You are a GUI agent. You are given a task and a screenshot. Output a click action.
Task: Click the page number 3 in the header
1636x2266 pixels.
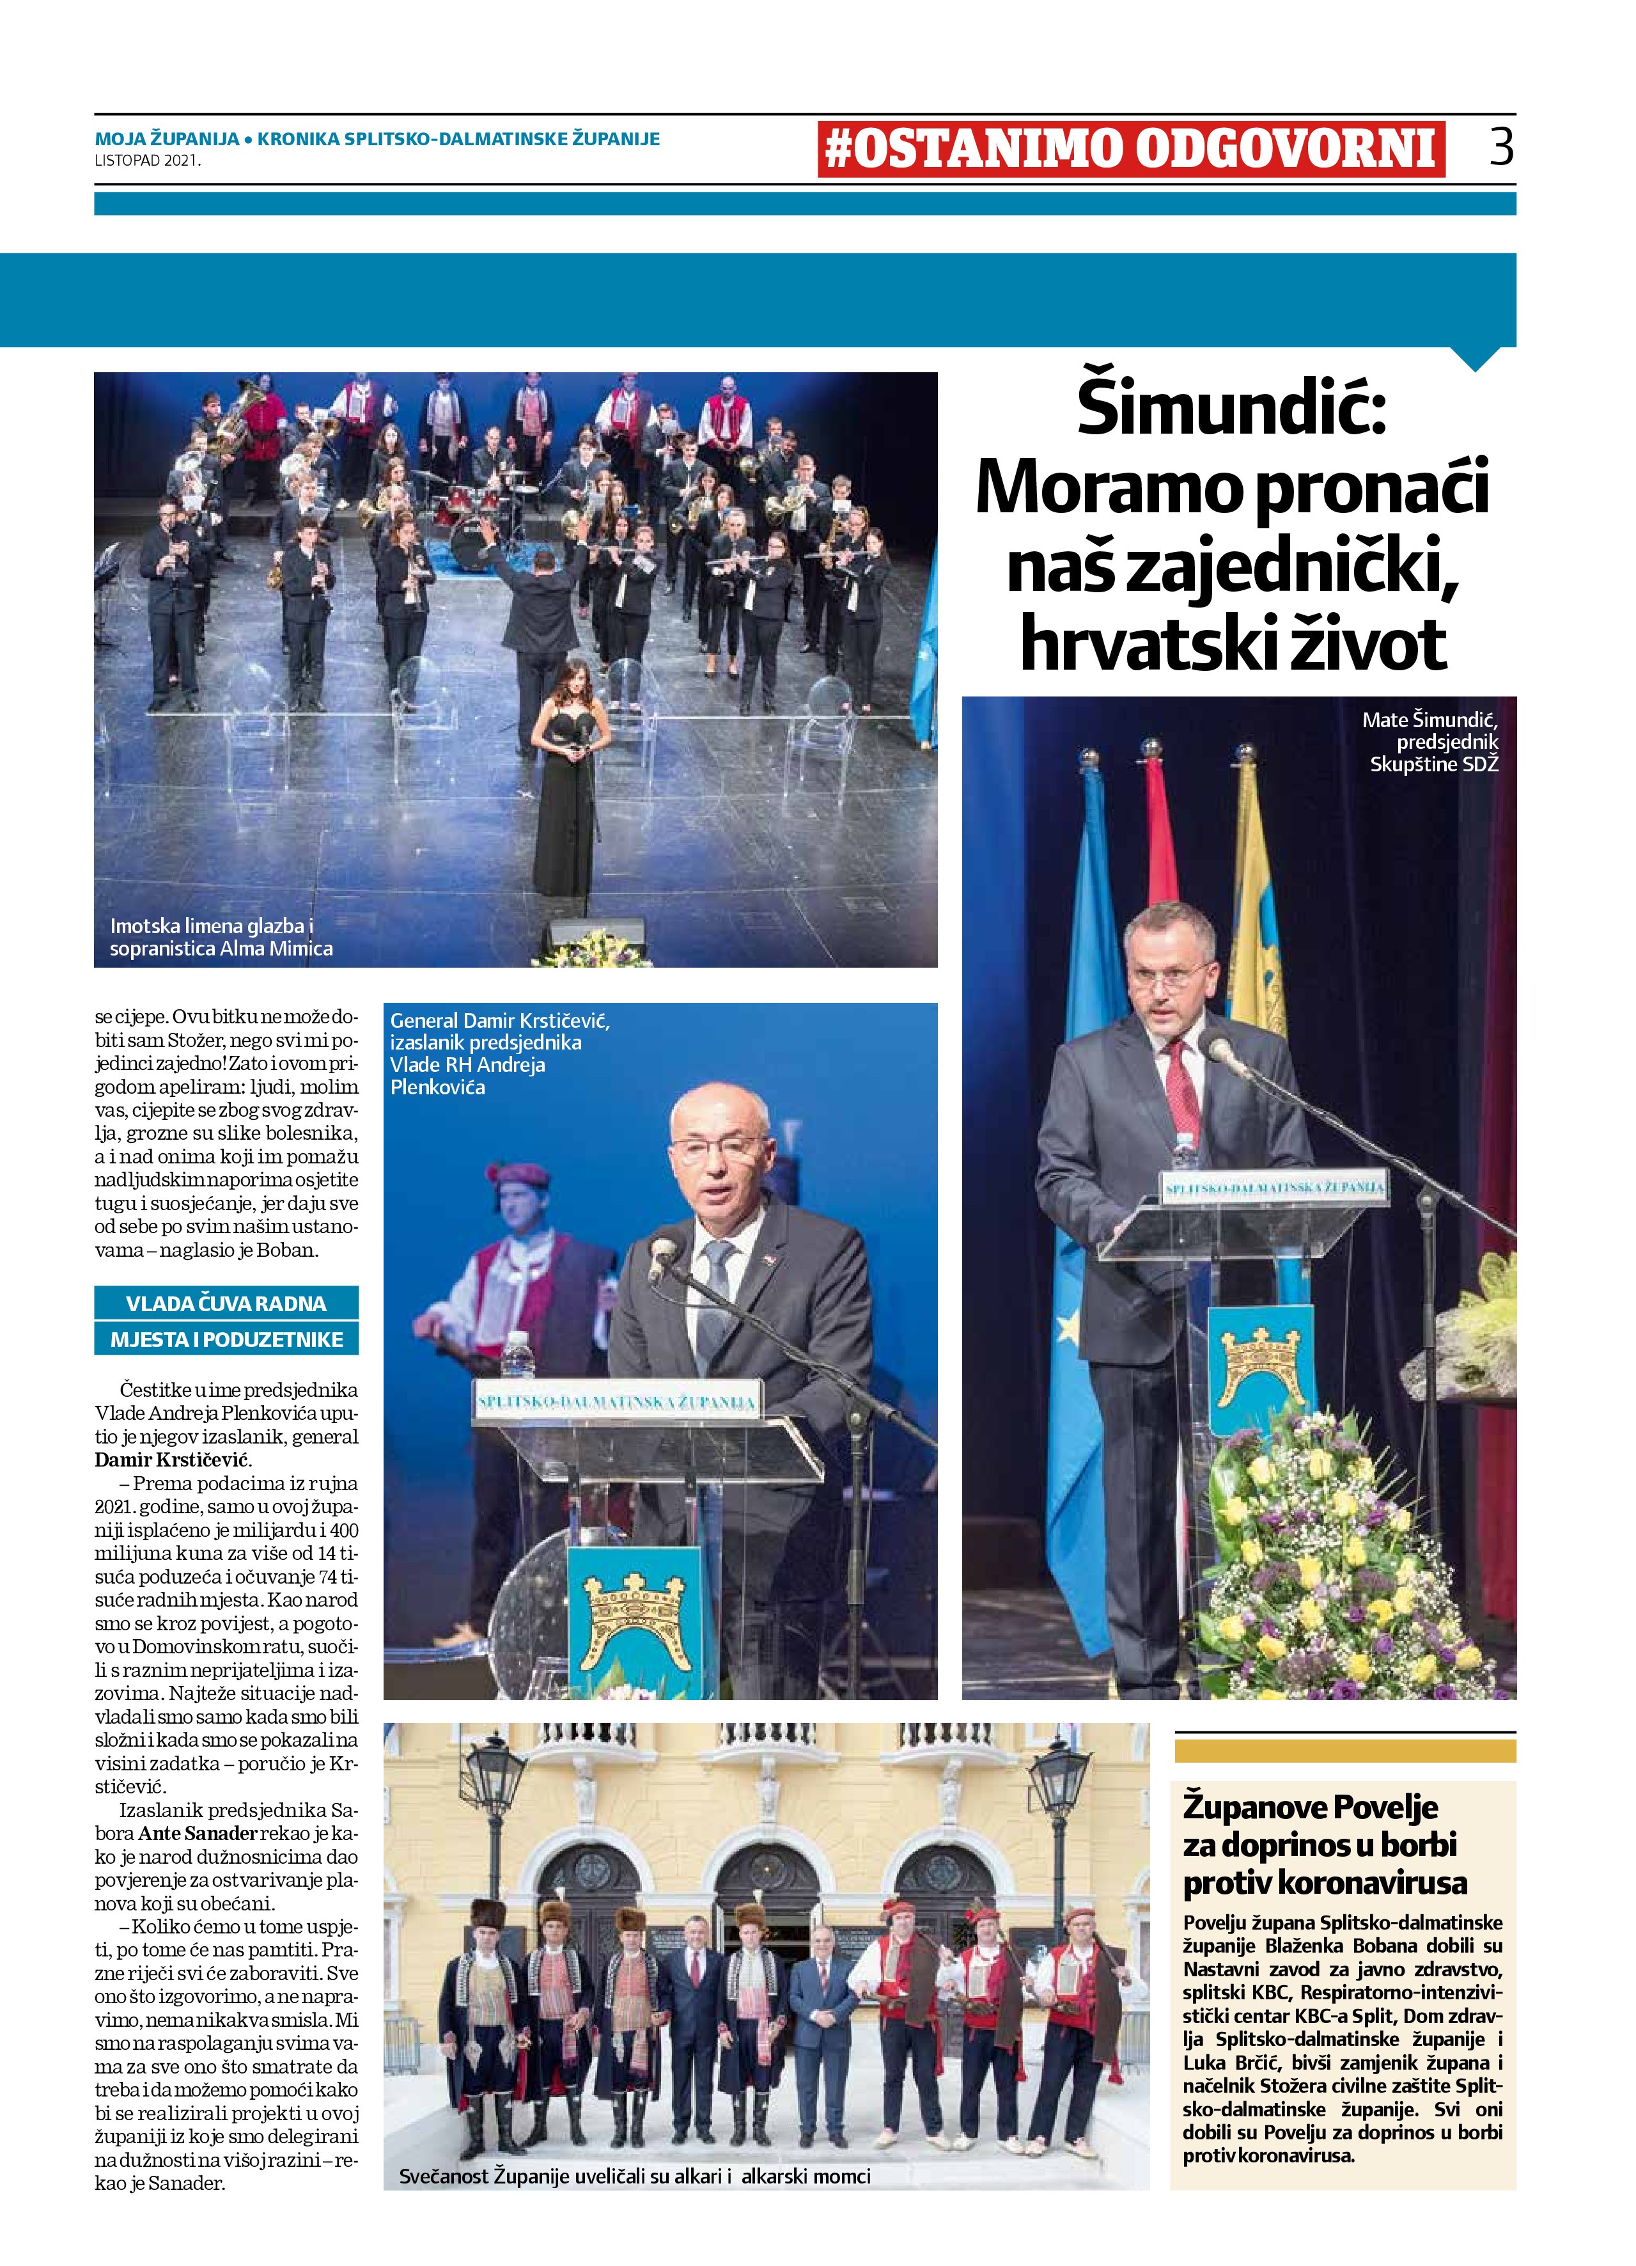tap(1500, 147)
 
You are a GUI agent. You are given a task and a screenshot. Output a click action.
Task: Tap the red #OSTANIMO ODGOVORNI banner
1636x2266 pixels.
tap(1130, 149)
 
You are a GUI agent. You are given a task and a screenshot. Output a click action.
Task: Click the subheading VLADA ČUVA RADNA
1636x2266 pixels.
tap(226, 1303)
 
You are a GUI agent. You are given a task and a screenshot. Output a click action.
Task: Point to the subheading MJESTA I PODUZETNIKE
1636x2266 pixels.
tap(226, 1339)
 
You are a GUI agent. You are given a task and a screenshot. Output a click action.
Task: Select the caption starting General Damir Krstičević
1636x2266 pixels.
tap(499, 1053)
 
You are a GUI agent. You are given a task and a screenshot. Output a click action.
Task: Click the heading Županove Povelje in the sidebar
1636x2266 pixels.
tap(1311, 1806)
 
